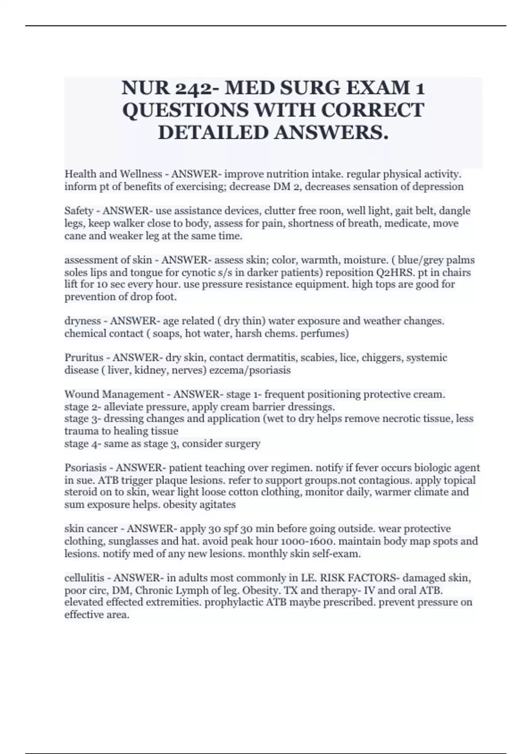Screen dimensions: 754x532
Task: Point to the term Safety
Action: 79,211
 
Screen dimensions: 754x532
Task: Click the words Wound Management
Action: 114,394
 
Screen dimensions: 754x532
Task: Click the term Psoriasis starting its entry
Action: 86,467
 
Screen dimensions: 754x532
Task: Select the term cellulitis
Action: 84,578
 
